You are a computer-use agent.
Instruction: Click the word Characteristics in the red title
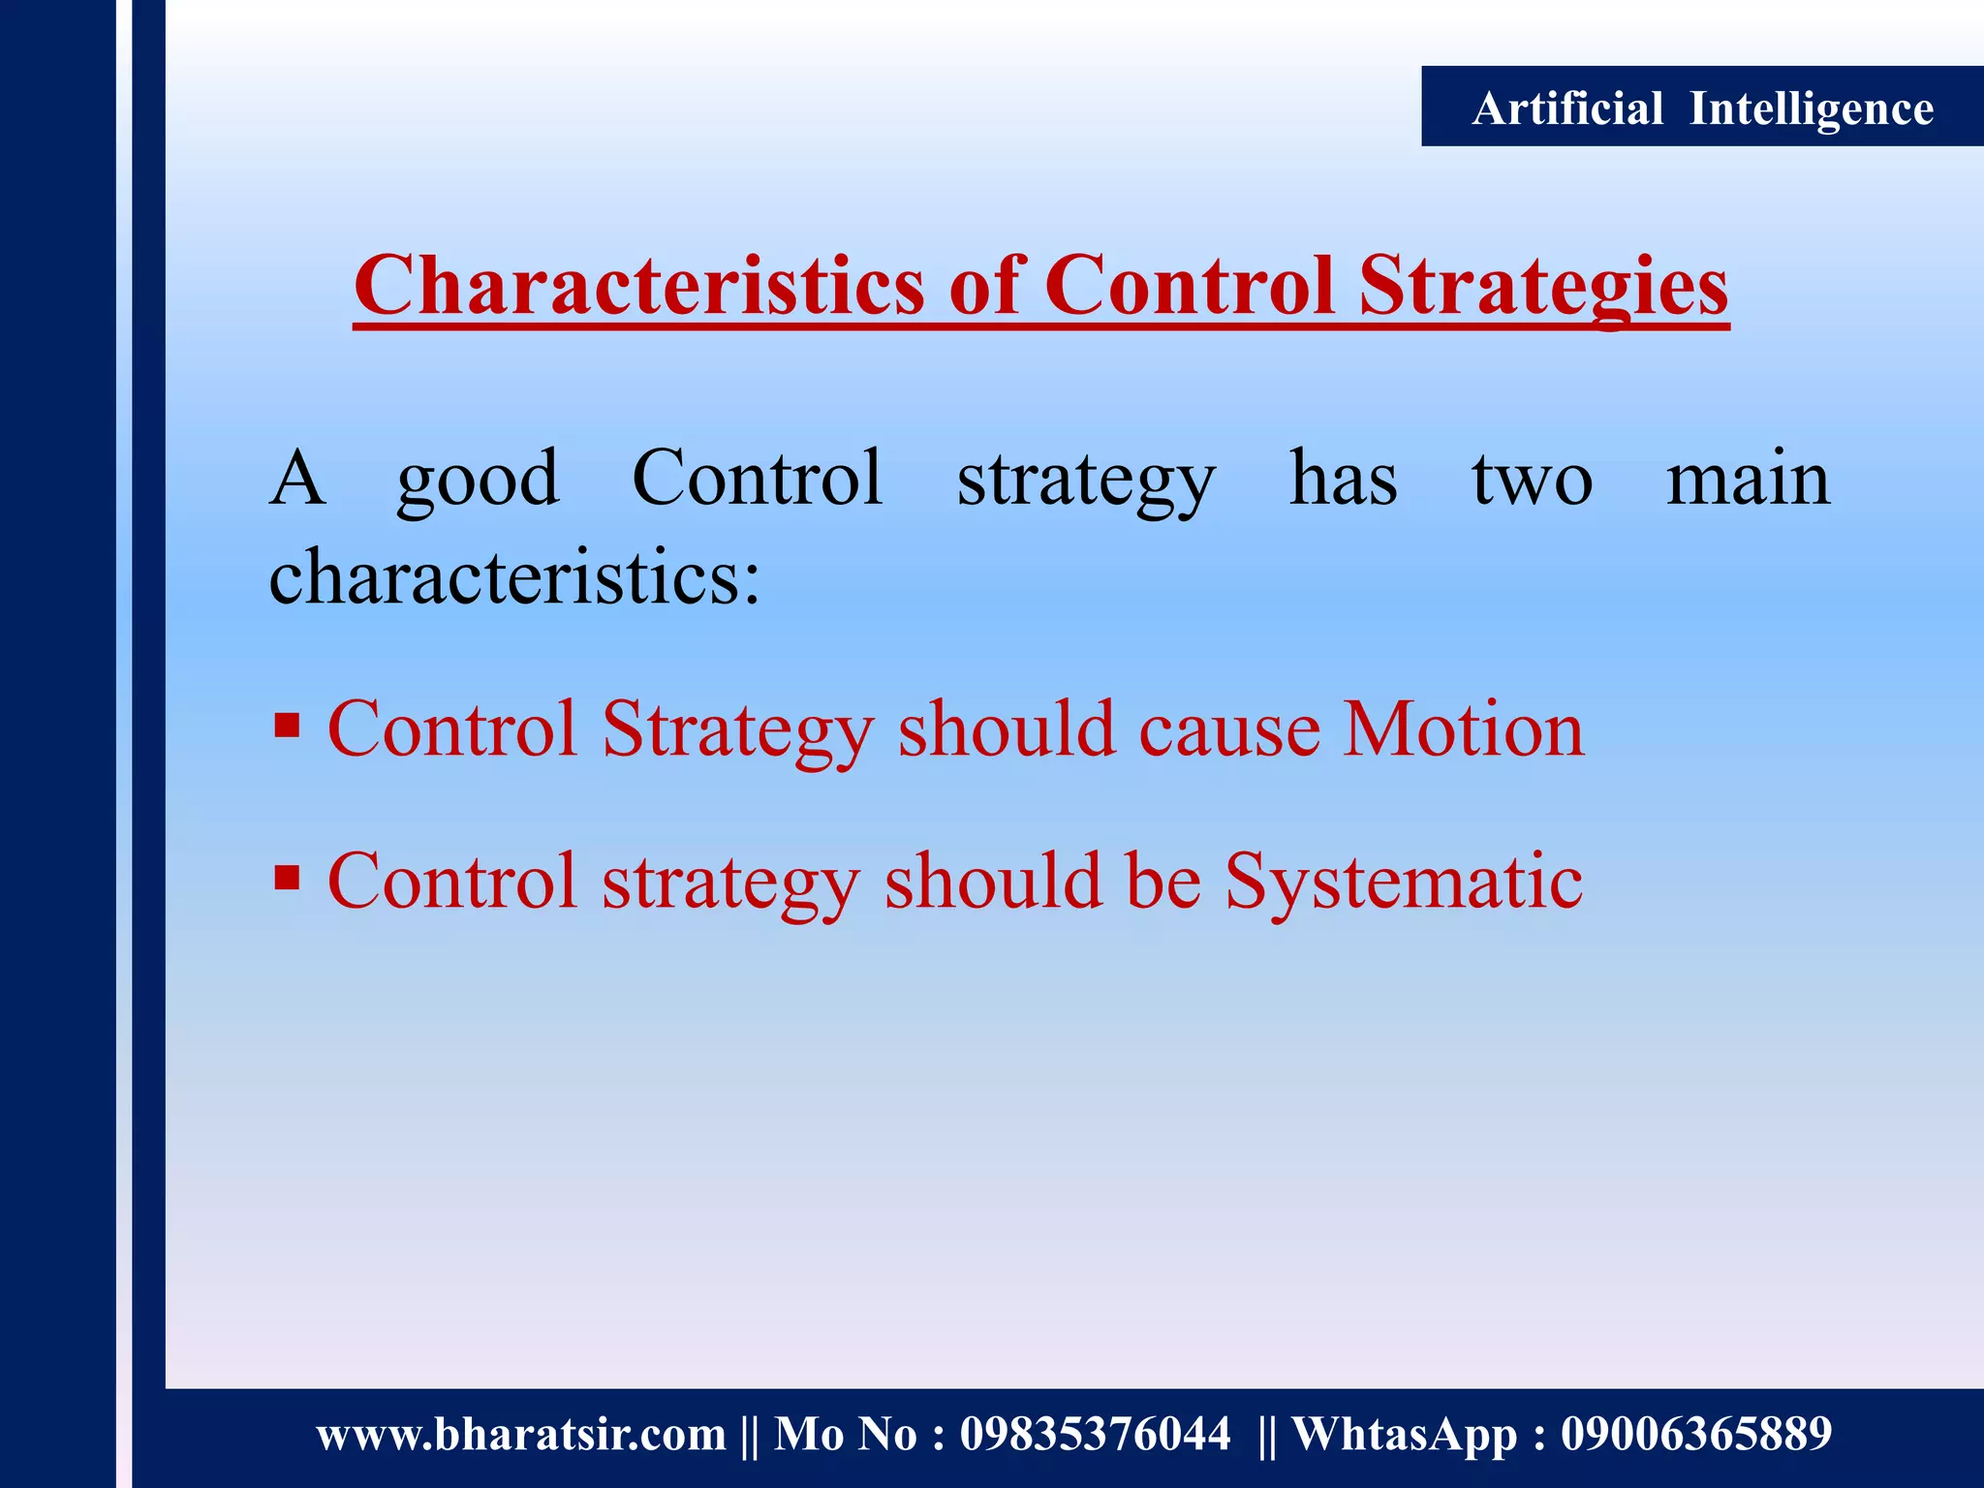click(x=639, y=287)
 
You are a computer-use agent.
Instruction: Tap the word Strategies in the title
click(x=1543, y=287)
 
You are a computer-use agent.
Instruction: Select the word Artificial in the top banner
click(x=1567, y=108)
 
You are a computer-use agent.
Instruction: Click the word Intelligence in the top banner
click(x=1812, y=108)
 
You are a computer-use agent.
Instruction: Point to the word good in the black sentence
click(x=478, y=480)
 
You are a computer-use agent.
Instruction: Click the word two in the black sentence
click(x=1532, y=480)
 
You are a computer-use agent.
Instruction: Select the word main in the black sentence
click(x=1748, y=480)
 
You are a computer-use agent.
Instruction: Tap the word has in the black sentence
click(x=1344, y=480)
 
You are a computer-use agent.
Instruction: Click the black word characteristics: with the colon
click(x=514, y=577)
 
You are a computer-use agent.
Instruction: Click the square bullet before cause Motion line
click(x=287, y=726)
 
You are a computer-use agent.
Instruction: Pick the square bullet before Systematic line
click(x=287, y=878)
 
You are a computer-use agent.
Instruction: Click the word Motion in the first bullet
click(x=1463, y=728)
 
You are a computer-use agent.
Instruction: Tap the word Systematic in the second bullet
click(x=1404, y=882)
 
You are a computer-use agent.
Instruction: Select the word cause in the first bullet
click(x=1229, y=728)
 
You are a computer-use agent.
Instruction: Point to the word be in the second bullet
click(x=1162, y=882)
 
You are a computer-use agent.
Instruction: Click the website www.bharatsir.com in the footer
click(x=521, y=1434)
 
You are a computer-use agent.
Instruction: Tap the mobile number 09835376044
click(x=1095, y=1434)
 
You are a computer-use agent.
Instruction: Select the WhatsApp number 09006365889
click(x=1695, y=1434)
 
